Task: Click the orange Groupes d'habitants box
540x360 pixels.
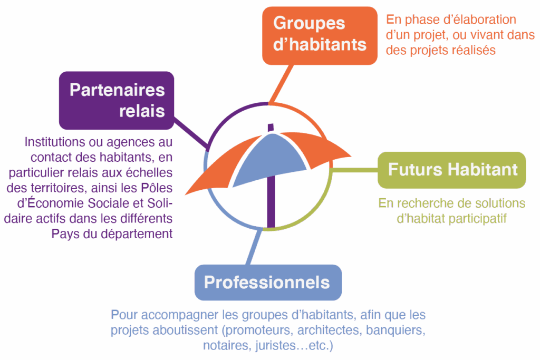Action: tap(320, 35)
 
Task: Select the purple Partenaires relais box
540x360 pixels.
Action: tap(116, 100)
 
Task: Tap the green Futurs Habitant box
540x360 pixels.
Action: tap(452, 170)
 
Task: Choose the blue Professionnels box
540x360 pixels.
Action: tap(268, 282)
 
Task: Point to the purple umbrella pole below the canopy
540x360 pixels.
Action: tap(271, 206)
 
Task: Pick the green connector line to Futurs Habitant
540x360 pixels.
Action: tap(356, 170)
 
